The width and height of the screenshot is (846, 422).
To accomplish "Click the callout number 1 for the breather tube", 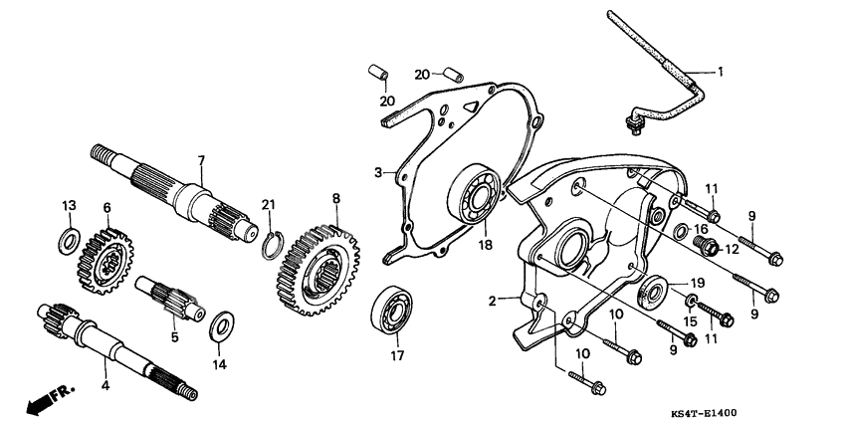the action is [x=720, y=72].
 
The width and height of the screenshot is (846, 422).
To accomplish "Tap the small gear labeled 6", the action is [x=106, y=261].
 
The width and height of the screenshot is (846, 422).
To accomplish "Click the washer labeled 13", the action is [x=69, y=241].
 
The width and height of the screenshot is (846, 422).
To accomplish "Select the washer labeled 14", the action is [x=221, y=325].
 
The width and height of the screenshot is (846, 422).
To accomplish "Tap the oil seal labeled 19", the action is [x=652, y=294].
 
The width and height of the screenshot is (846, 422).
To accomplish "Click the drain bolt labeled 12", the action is [x=706, y=246].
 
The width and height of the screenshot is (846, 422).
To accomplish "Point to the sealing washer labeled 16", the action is [x=681, y=231].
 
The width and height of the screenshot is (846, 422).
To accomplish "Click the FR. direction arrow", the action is [x=50, y=399].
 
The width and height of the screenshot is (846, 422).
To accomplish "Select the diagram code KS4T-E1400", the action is [x=703, y=414].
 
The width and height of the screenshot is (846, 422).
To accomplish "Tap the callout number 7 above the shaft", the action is [x=201, y=160].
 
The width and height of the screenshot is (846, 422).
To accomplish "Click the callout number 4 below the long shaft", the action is [x=106, y=386].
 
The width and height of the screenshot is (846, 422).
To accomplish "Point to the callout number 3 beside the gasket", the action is [x=379, y=173].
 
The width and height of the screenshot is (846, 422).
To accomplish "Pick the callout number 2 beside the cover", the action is [x=492, y=302].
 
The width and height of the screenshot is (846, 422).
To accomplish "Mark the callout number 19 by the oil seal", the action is [x=697, y=283].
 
